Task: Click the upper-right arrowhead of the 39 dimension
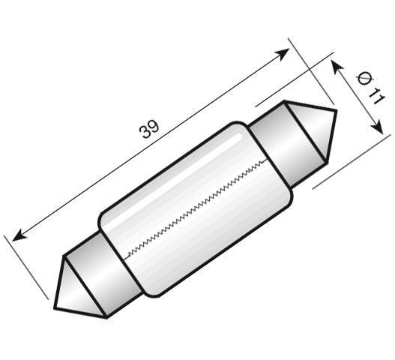coord(284,52)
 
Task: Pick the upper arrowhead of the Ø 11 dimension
coord(334,65)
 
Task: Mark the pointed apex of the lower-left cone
coord(55,307)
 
